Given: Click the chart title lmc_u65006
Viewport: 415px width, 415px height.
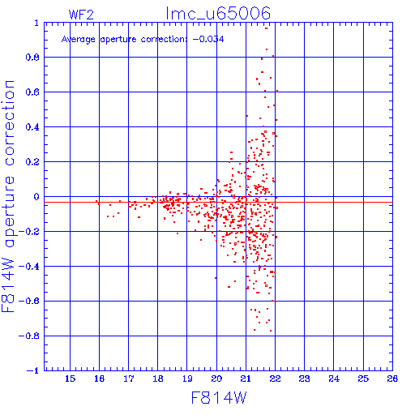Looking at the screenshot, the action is click(x=218, y=14).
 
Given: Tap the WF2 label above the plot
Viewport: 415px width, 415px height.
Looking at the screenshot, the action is click(x=81, y=15).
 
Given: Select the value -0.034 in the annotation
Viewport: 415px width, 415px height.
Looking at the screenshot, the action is click(x=208, y=39).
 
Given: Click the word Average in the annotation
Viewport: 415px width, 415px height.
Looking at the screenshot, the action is click(x=79, y=40).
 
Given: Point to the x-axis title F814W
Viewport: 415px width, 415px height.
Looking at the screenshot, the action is click(x=219, y=398).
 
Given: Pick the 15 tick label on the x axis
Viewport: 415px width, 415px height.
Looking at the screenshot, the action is click(x=70, y=379).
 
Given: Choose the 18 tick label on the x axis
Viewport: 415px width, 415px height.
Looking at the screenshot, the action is click(x=158, y=379).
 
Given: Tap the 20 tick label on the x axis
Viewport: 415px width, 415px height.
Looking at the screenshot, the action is click(x=216, y=379).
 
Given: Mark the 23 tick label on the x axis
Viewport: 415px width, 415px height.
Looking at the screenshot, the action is click(x=305, y=379).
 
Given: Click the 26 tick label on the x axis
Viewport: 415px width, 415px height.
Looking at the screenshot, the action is click(x=392, y=379).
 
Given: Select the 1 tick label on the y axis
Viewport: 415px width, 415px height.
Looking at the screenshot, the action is click(x=36, y=23).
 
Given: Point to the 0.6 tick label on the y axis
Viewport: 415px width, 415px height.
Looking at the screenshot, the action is click(x=32, y=92).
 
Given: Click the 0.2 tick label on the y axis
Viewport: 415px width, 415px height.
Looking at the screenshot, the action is click(x=32, y=162).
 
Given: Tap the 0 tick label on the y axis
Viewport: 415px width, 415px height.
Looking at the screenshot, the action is click(x=36, y=197).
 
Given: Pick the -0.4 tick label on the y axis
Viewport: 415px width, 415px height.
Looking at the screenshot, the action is click(x=29, y=267).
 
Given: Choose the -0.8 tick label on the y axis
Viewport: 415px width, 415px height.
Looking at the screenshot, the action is click(x=29, y=336).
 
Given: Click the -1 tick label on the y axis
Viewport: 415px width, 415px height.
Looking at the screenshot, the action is click(x=33, y=370).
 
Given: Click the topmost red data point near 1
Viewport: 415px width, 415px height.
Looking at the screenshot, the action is click(x=266, y=28).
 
